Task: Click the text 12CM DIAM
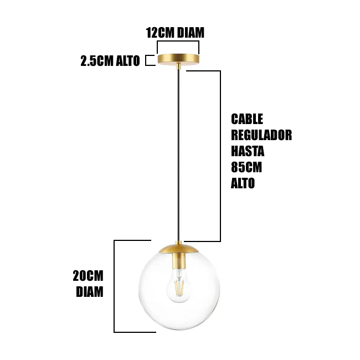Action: click(x=175, y=33)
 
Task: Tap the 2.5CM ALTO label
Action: click(x=110, y=61)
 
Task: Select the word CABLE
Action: click(x=247, y=119)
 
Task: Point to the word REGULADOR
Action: click(x=261, y=135)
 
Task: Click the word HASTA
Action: click(x=248, y=151)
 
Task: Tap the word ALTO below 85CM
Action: click(x=243, y=183)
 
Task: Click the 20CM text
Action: click(x=88, y=276)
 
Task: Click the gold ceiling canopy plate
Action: click(x=178, y=59)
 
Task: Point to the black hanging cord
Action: click(x=178, y=155)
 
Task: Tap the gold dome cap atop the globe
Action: click(x=178, y=249)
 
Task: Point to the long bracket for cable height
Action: click(x=220, y=155)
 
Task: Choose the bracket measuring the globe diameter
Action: click(x=115, y=286)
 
